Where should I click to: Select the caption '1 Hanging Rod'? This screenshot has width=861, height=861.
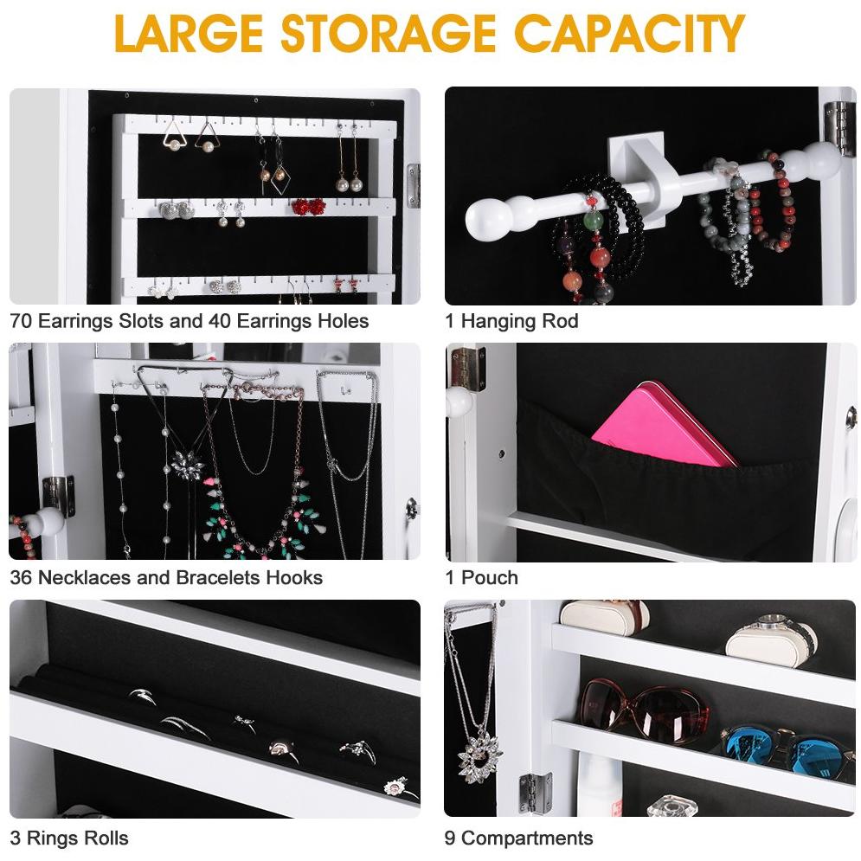(511, 321)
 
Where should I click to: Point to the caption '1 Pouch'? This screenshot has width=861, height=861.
(481, 577)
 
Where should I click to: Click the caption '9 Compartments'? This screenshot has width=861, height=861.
(518, 838)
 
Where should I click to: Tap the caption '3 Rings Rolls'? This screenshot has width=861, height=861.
(69, 838)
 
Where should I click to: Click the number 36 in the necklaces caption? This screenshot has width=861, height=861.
(22, 577)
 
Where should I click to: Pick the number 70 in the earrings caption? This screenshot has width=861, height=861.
(22, 321)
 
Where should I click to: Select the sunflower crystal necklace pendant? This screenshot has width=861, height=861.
(479, 755)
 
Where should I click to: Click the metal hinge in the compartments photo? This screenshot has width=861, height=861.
(535, 792)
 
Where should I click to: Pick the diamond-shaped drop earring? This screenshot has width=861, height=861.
(280, 177)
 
